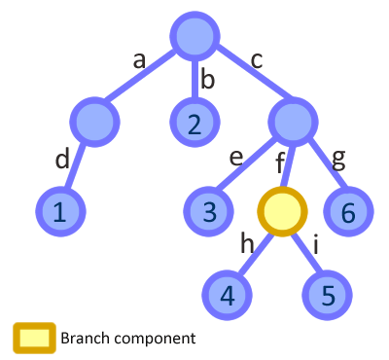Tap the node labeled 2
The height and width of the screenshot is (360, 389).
[195, 123]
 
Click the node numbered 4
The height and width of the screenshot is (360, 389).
[228, 294]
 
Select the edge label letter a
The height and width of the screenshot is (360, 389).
[139, 59]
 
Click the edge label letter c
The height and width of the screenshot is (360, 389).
[257, 59]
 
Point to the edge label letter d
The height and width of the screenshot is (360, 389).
[62, 158]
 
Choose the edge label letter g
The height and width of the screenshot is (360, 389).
[339, 158]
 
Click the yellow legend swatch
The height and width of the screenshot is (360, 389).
[33, 338]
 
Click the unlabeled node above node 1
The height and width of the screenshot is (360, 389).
[95, 123]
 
